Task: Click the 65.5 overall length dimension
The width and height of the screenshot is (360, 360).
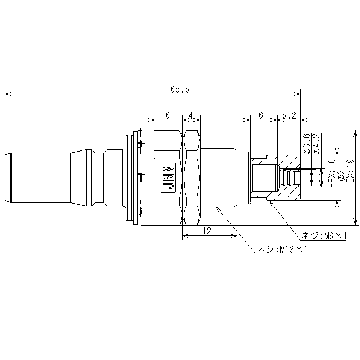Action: tap(180, 89)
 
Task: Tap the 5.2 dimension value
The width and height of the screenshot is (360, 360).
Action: tap(289, 115)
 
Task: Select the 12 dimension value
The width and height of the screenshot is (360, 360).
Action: tap(207, 231)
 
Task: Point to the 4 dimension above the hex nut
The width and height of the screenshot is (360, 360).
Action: tap(191, 115)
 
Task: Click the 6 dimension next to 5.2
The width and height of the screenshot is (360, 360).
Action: tap(260, 115)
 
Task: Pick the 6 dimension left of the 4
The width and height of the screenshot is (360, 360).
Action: tap(168, 115)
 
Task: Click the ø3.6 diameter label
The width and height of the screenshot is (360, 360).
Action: tap(307, 143)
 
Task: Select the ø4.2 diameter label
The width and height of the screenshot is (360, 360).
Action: tap(316, 143)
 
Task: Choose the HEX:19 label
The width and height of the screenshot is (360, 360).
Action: tap(350, 174)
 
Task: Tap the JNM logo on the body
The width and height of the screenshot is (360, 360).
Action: tap(168, 178)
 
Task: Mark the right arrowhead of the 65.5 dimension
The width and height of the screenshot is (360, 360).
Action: tap(298, 94)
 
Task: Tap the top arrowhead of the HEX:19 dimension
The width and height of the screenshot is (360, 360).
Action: tap(356, 134)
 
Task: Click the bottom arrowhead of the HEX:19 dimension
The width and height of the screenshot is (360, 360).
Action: tap(356, 222)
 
